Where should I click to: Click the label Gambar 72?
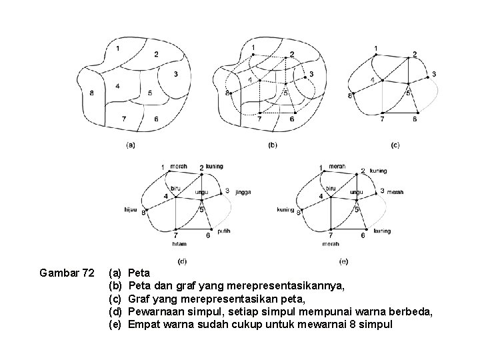(x=67, y=273)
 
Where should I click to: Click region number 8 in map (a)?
(x=91, y=93)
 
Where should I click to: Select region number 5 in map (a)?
(x=150, y=93)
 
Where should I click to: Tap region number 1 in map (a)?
(x=118, y=48)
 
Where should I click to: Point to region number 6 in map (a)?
(x=156, y=119)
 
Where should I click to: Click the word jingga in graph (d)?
(x=243, y=192)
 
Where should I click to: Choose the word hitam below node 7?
(x=179, y=244)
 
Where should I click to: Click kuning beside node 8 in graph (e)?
(x=285, y=210)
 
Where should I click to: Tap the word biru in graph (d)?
(x=176, y=188)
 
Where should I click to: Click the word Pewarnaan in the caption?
(x=152, y=313)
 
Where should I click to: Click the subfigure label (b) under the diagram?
(x=272, y=145)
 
